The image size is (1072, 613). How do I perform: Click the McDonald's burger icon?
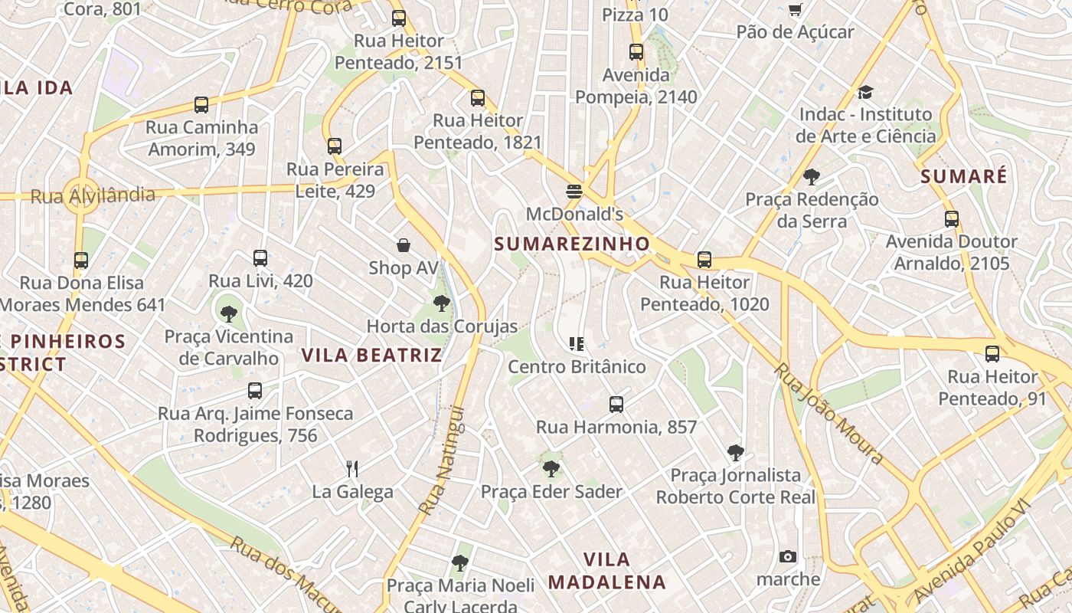(x=574, y=191)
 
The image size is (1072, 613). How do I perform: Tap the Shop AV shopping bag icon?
(x=404, y=245)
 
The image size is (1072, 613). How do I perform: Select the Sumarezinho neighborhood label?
(x=572, y=244)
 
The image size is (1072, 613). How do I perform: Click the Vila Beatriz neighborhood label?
(x=372, y=355)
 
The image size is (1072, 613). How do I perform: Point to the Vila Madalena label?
(x=606, y=571)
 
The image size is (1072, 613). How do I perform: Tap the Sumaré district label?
(x=964, y=176)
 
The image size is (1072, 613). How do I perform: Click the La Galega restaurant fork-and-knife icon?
(x=352, y=468)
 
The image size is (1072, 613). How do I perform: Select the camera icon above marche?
(x=788, y=556)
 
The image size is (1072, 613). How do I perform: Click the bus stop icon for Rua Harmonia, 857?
(x=616, y=404)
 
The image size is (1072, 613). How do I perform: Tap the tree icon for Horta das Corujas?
(x=441, y=303)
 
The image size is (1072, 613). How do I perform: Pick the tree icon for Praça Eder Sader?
(x=551, y=468)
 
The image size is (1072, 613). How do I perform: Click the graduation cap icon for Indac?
(x=865, y=92)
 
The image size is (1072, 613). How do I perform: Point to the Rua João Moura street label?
(x=828, y=413)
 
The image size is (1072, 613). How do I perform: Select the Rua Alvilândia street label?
(x=93, y=195)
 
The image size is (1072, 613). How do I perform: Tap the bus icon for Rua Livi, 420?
(x=260, y=258)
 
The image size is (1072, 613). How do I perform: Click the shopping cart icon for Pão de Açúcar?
(x=795, y=10)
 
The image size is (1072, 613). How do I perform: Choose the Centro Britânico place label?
(x=577, y=367)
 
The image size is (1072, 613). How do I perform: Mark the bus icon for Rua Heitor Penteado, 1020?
(x=704, y=260)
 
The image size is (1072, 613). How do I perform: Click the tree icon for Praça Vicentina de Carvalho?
(x=228, y=313)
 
